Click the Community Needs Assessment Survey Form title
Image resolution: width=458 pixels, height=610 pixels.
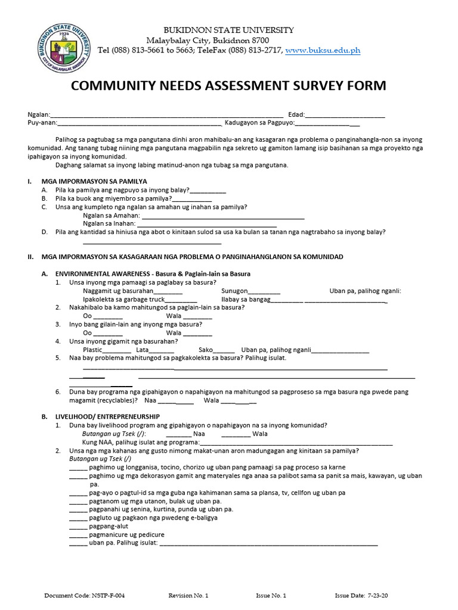coord(228,86)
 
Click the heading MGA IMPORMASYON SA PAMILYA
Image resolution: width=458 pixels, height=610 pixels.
coord(94,181)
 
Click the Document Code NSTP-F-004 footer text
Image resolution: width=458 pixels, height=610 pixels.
coord(85,595)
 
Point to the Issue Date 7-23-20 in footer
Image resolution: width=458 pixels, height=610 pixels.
coord(364,595)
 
